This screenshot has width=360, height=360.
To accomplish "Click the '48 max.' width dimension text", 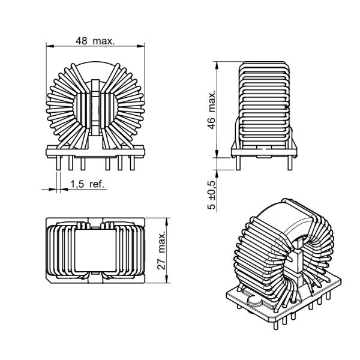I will coord(95,41).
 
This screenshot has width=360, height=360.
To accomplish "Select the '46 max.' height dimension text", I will coord(211,111).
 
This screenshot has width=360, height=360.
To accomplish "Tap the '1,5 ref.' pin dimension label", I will coord(88,184).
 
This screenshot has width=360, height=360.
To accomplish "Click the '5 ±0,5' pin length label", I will coord(211,193).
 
